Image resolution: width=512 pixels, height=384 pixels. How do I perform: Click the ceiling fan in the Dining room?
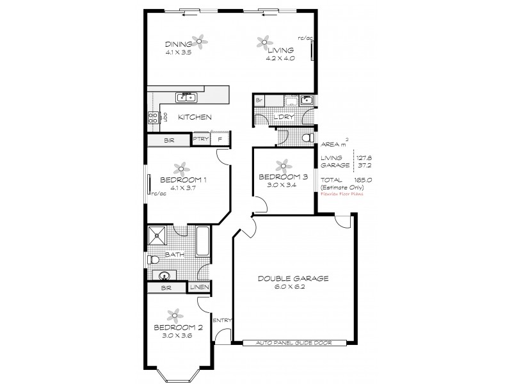200,42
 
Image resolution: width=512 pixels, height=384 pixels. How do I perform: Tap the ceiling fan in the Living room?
263,42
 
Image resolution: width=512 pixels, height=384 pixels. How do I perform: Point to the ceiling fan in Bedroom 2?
173,315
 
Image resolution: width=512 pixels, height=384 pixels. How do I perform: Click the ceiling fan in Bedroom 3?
279,164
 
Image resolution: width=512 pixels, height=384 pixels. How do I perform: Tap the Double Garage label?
294,278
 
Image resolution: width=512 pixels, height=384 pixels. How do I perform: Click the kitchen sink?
186,97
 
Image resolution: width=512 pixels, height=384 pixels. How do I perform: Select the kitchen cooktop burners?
154,117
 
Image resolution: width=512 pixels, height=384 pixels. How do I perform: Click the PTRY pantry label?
200,139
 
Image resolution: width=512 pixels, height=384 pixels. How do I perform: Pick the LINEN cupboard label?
200,288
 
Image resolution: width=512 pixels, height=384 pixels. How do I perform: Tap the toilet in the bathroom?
154,260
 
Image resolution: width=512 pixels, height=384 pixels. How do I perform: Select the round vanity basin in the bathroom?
164,276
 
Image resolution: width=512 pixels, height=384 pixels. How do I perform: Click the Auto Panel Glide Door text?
295,343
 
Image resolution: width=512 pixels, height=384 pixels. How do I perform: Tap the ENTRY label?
221,321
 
